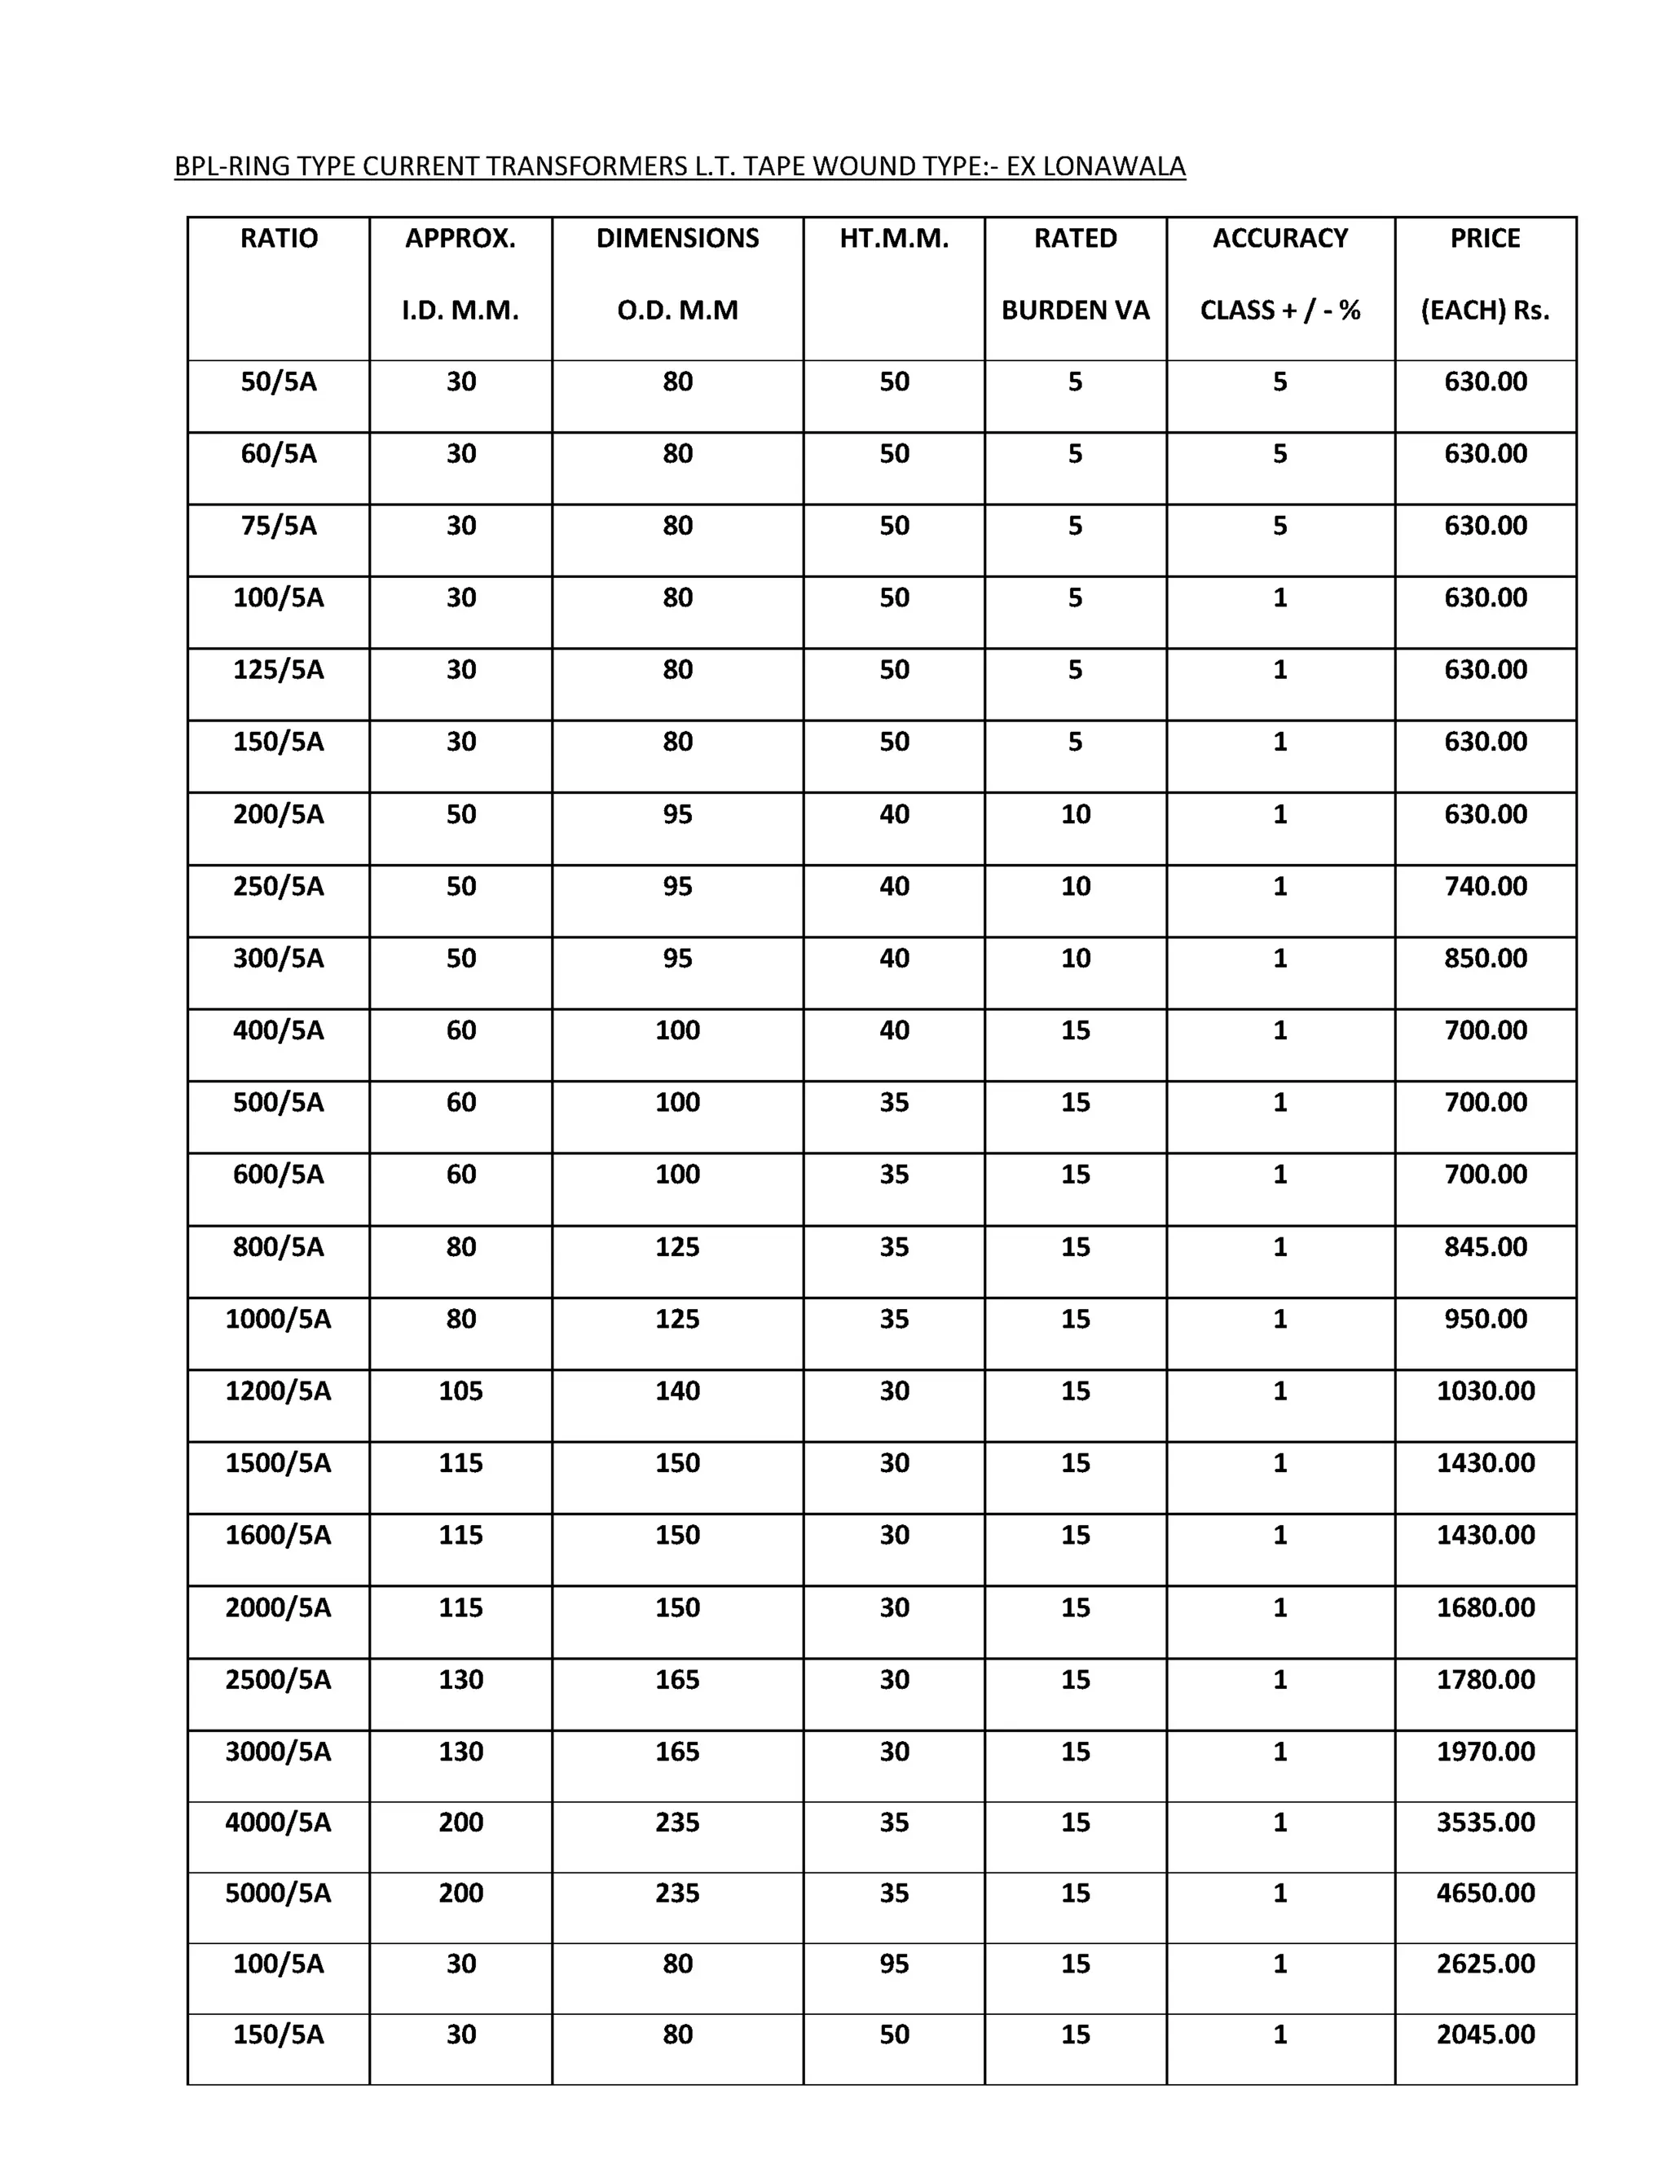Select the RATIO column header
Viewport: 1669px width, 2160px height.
(279, 238)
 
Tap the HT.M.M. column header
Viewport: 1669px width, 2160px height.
(894, 238)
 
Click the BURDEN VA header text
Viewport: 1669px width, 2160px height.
(1075, 311)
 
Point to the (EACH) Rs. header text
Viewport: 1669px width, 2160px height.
(1484, 311)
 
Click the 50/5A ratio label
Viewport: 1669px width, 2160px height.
(279, 381)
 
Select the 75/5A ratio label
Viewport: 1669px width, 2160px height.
(279, 527)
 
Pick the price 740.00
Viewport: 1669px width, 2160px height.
(1485, 886)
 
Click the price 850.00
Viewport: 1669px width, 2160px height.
(1485, 959)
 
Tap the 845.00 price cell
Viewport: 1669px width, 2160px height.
(1485, 1247)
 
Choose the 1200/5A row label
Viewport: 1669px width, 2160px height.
(278, 1391)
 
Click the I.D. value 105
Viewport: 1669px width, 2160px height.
(460, 1391)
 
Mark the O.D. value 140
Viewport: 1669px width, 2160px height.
(677, 1391)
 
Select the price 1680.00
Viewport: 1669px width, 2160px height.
(1485, 1608)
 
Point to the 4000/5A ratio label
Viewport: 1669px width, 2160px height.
(278, 1823)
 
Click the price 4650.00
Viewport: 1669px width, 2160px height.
(1485, 1893)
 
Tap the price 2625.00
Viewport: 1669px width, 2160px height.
(1485, 1964)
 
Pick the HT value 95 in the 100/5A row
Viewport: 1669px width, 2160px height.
(894, 1964)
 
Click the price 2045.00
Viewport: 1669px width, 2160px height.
(1485, 2034)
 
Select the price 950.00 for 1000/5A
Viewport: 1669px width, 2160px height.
(1485, 1320)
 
